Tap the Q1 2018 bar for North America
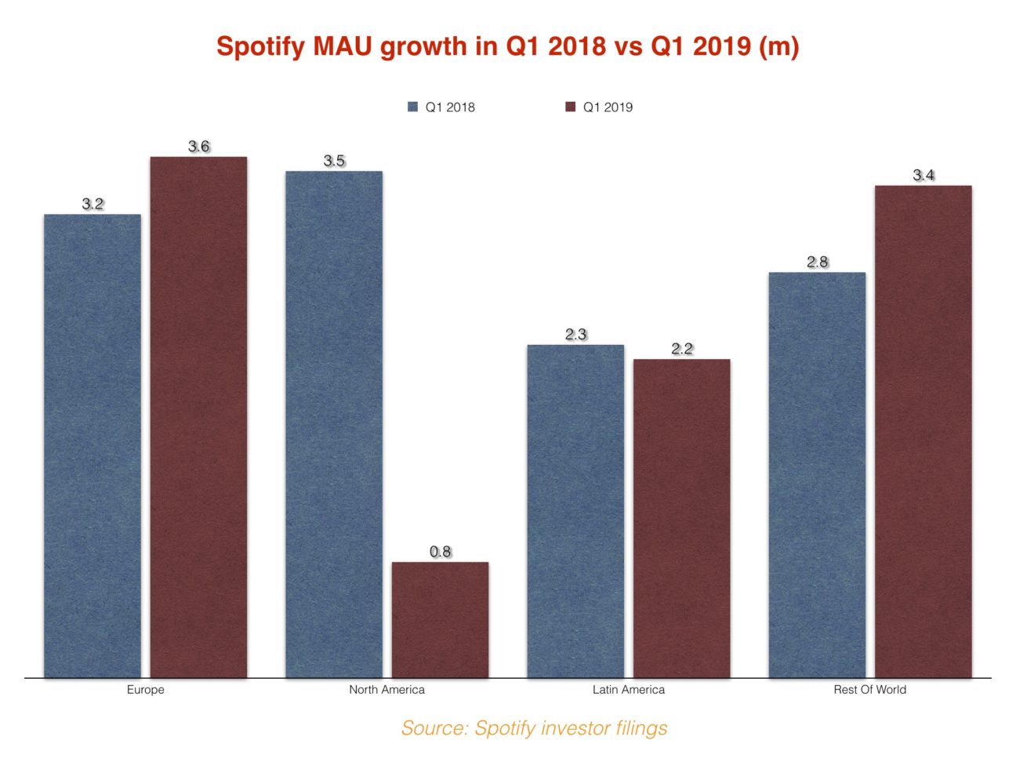pos(334,424)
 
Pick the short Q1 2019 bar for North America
pos(440,619)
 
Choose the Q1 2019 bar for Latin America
pos(681,518)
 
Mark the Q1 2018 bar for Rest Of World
pos(817,475)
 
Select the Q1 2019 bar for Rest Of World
pos(923,431)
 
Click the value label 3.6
pos(199,147)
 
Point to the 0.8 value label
pos(441,552)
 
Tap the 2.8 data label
pos(818,262)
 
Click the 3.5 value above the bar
pos(334,161)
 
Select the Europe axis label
pos(146,690)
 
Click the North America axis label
pos(386,690)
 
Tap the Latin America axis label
pos(628,690)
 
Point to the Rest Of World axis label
pos(869,690)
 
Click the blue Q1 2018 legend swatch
pos(413,107)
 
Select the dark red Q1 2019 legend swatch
pos(571,107)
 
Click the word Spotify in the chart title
pos(260,46)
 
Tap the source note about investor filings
pos(535,728)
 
